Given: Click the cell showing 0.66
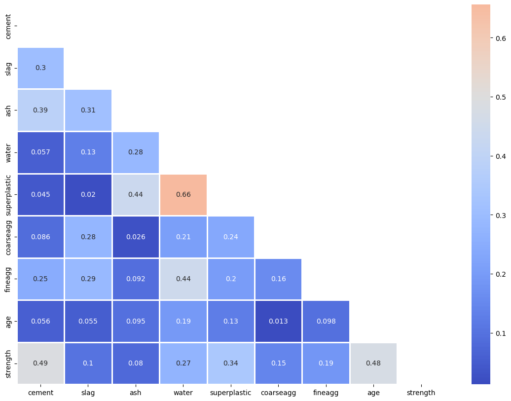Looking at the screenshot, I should pos(183,194).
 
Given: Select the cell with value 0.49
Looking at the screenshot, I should pos(40,363).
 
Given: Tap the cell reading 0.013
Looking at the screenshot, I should pos(278,321).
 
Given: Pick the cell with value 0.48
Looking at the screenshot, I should pos(373,363).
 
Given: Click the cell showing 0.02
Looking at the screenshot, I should pos(88,194).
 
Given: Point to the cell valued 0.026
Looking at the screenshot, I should pos(136,237).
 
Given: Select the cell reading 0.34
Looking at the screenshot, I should pos(230,363).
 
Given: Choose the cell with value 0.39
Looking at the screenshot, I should pos(40,110).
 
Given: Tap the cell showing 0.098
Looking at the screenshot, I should pos(326,321).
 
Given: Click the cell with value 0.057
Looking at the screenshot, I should pos(40,152).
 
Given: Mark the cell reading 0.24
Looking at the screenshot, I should pos(230,237).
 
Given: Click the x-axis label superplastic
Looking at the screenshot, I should pos(230,393).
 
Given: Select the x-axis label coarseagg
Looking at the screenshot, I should pos(278,393).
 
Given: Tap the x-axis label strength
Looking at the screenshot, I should pos(421,393).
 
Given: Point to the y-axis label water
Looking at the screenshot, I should pos(8,152).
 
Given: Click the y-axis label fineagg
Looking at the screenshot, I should pos(8,279).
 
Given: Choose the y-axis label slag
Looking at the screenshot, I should pos(8,68).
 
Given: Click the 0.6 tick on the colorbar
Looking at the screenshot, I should pos(501,38).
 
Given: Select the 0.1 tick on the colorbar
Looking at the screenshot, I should pos(501,333).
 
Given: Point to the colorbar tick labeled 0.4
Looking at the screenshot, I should pos(501,156).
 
